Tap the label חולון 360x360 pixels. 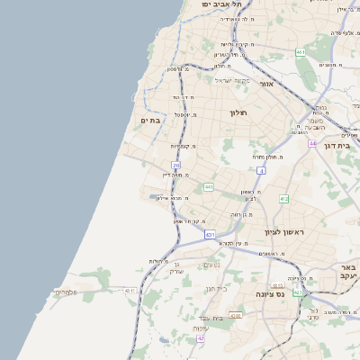click(x=238, y=112)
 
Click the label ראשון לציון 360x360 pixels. click(x=285, y=232)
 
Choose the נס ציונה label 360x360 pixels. click(x=269, y=293)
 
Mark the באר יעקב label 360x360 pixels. click(x=348, y=272)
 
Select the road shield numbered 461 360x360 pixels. click(x=300, y=53)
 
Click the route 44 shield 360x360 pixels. click(x=312, y=143)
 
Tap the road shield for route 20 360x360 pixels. click(x=176, y=165)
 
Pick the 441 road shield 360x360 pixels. click(x=208, y=186)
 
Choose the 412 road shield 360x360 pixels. click(x=284, y=198)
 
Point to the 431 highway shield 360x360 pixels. click(x=211, y=235)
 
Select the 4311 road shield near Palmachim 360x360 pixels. click(x=130, y=291)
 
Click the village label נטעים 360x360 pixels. click(x=213, y=265)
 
